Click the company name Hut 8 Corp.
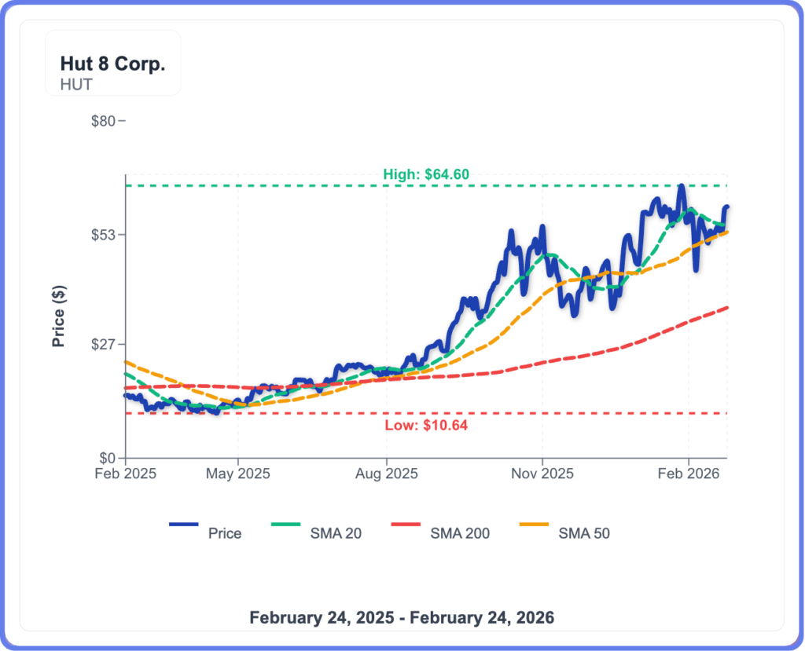pyautogui.click(x=112, y=64)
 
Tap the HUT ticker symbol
pyautogui.click(x=76, y=84)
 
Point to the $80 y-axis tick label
pyautogui.click(x=104, y=121)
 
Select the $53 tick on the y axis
pyautogui.click(x=104, y=235)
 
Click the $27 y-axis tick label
pyautogui.click(x=104, y=344)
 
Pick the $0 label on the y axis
pyautogui.click(x=107, y=458)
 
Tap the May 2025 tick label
pyautogui.click(x=239, y=474)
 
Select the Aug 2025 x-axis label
pyautogui.click(x=386, y=474)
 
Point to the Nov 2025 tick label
pyautogui.click(x=542, y=474)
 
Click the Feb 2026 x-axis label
pyautogui.click(x=689, y=474)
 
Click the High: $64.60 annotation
pyautogui.click(x=425, y=174)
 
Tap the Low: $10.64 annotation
pyautogui.click(x=427, y=426)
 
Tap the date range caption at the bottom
pyautogui.click(x=402, y=617)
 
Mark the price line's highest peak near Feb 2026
pyautogui.click(x=682, y=186)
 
